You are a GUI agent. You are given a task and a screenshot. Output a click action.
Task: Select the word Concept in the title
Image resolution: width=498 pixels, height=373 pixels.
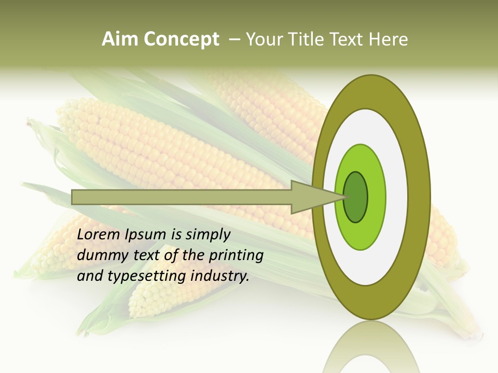coord(181,39)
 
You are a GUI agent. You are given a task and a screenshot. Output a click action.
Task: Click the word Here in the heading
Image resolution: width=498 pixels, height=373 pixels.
coord(389,39)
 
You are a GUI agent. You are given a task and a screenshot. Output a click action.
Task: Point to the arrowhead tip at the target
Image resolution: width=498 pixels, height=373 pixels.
coord(344,197)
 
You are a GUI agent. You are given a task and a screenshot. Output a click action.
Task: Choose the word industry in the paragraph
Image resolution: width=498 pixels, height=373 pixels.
coord(220,276)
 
